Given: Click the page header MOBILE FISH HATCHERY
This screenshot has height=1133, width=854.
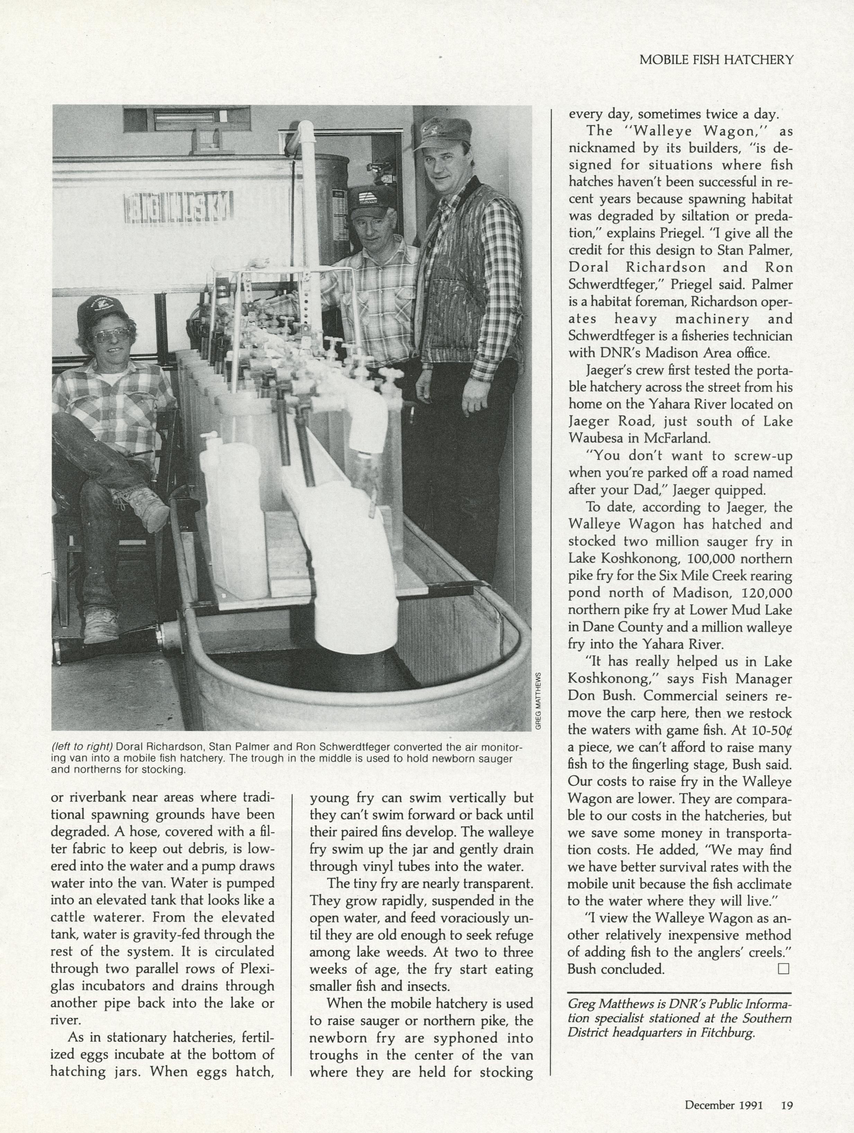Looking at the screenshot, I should pyautogui.click(x=716, y=60).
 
